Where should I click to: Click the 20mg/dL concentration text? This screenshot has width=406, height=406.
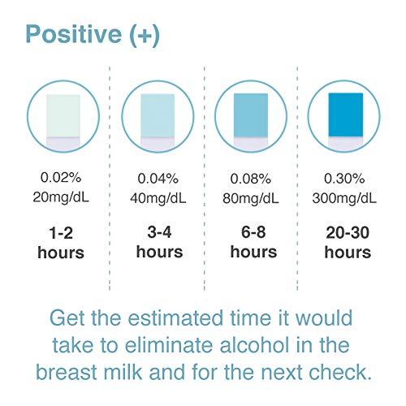click(x=61, y=197)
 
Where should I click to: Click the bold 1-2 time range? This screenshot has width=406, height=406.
click(x=61, y=231)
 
